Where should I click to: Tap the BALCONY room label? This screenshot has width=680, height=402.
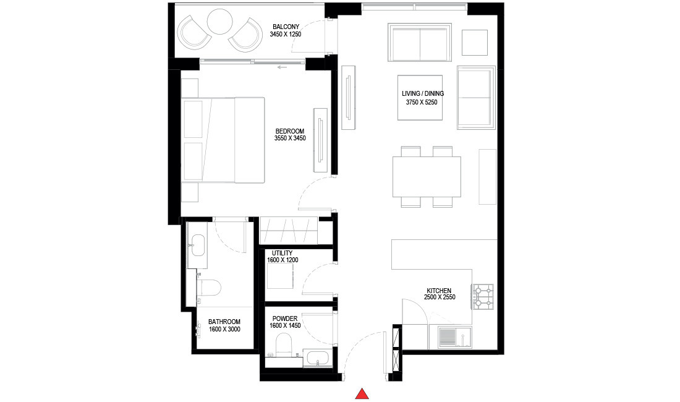click(x=285, y=27)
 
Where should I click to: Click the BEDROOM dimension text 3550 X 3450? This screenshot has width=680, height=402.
click(x=290, y=139)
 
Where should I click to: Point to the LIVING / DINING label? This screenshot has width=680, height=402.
click(x=423, y=94)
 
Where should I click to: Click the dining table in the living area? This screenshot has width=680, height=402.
click(x=427, y=176)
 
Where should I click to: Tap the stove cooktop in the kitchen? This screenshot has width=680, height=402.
click(x=482, y=296)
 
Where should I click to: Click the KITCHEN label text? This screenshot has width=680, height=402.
click(x=438, y=291)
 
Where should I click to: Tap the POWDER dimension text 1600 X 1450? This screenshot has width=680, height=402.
click(x=284, y=325)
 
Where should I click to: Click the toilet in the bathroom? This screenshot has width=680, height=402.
click(x=209, y=288)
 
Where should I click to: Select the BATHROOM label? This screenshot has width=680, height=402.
click(x=224, y=322)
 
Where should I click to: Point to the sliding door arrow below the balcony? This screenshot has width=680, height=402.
click(x=283, y=67)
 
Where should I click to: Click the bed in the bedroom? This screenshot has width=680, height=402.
click(x=223, y=140)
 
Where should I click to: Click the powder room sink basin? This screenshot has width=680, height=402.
click(x=318, y=359)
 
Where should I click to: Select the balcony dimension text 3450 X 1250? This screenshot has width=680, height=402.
click(x=285, y=35)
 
